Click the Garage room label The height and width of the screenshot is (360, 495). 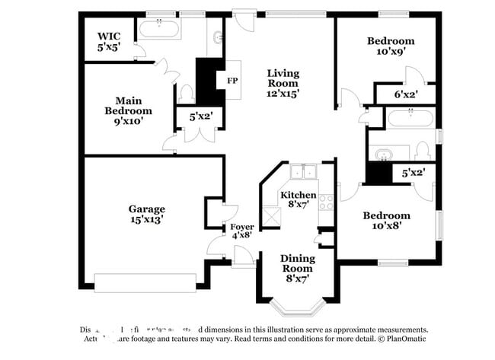tap(146, 214)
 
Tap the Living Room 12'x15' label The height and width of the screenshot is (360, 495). tap(283, 84)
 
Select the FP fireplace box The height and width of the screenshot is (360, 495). tap(231, 80)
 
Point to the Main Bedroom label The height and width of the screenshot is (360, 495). tap(128, 110)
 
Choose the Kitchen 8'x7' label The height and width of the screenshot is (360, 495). tap(298, 200)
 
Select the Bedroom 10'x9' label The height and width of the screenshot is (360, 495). tap(390, 46)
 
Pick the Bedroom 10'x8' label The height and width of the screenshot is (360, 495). tap(386, 220)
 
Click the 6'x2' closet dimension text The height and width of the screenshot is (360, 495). tap(405, 95)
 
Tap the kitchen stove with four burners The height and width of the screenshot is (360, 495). tap(326, 202)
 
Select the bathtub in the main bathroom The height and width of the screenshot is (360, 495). tap(159, 30)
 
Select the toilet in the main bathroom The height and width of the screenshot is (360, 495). tap(187, 94)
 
